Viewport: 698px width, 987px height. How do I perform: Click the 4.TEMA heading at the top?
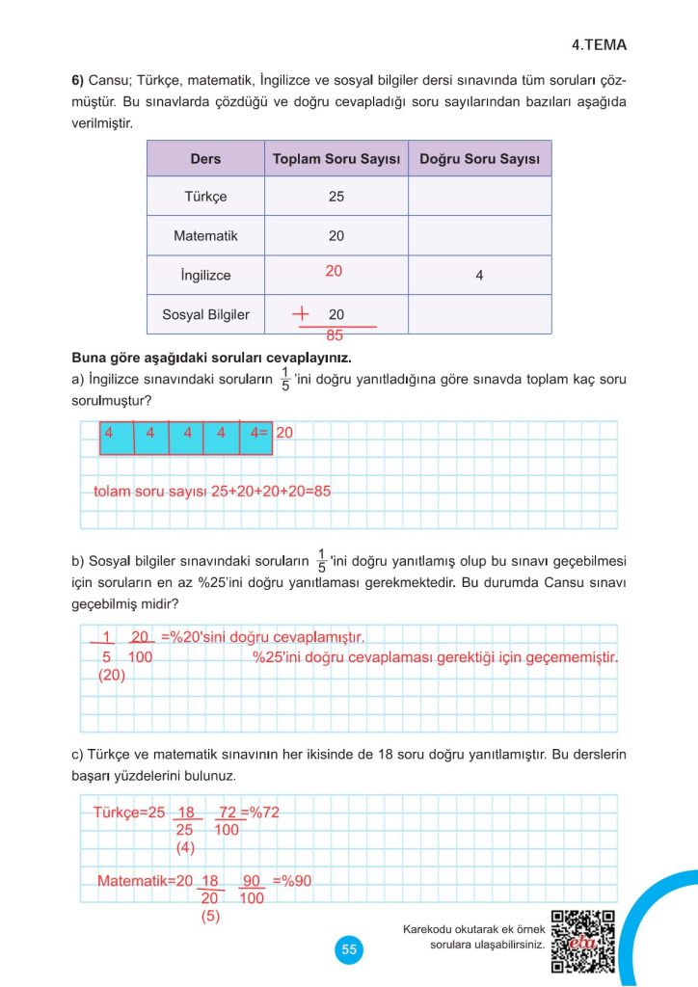click(599, 44)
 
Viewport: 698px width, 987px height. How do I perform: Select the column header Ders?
click(205, 159)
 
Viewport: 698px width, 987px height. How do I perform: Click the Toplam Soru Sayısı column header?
click(336, 159)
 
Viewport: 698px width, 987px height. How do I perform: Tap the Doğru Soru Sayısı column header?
click(479, 159)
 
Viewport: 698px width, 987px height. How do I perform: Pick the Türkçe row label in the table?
click(205, 197)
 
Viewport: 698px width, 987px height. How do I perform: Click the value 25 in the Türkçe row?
click(336, 197)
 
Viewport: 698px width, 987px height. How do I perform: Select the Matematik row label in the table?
click(205, 235)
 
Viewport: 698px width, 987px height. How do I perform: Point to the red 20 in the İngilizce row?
click(334, 272)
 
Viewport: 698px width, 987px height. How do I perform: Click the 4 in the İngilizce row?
click(479, 276)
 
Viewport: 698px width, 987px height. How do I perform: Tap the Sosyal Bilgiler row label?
click(205, 314)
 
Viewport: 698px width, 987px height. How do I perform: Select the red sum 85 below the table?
click(336, 336)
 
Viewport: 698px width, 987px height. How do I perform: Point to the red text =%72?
click(258, 812)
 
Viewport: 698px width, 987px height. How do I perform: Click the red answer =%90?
click(299, 880)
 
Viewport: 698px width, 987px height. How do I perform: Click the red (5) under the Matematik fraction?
click(210, 917)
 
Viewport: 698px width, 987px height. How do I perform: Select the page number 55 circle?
click(349, 949)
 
